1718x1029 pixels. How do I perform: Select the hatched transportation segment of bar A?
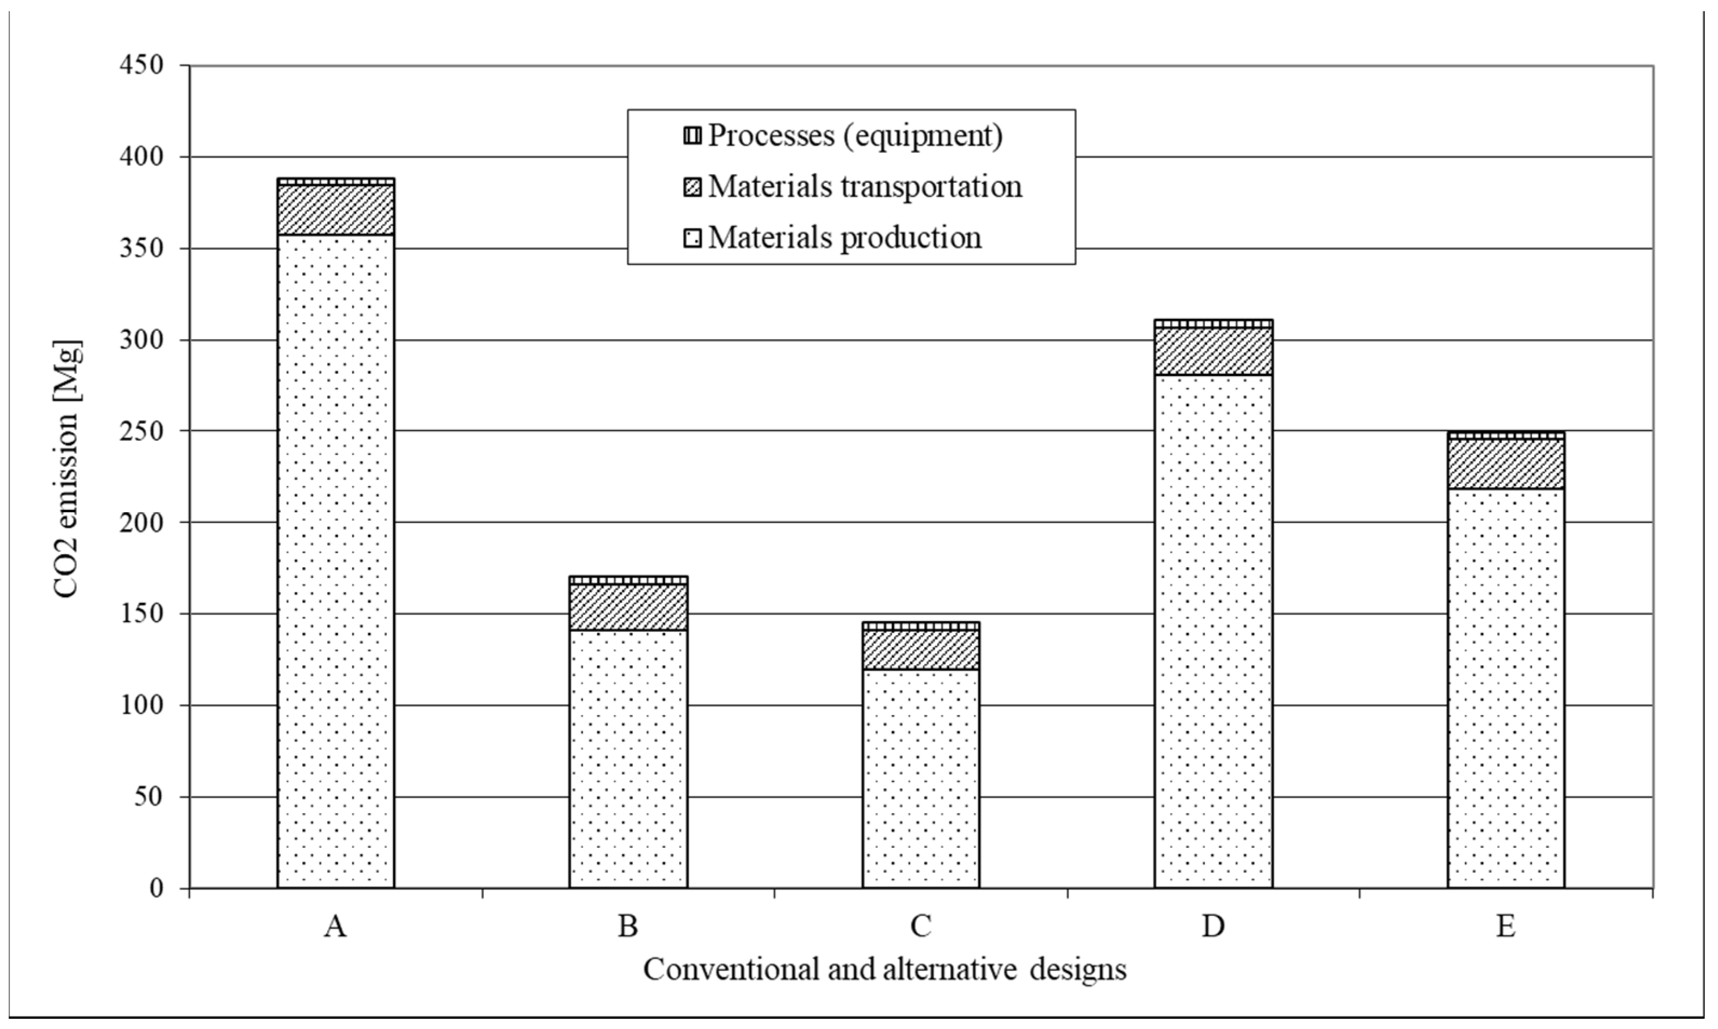(336, 209)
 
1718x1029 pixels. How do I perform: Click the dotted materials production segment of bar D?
(1213, 630)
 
